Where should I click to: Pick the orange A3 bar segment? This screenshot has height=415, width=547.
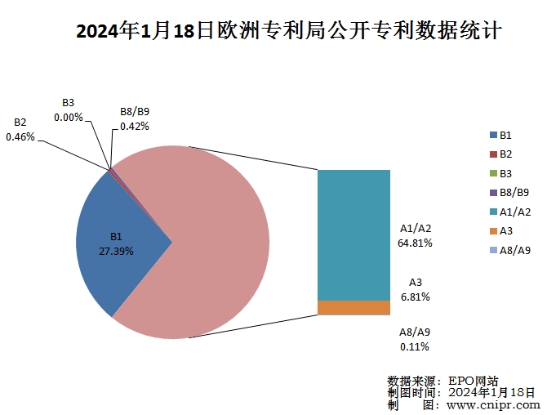point(354,308)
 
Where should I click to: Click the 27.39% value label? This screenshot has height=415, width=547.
point(116,251)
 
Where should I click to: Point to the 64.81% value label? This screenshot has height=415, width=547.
point(416,243)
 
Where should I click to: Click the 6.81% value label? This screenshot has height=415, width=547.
point(416,296)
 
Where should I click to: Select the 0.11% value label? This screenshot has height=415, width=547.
point(416,347)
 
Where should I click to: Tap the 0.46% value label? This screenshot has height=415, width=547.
point(20,137)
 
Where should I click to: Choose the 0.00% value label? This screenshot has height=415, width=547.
point(69,117)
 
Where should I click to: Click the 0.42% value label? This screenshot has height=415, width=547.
point(134,127)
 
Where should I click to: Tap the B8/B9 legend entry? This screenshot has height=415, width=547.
point(509,193)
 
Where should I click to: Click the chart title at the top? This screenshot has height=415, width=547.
point(288,33)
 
